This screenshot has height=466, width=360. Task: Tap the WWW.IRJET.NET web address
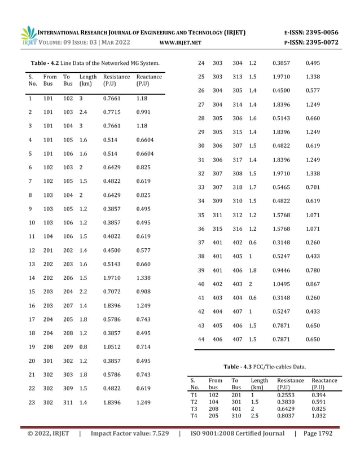pyautogui.click(x=181, y=43)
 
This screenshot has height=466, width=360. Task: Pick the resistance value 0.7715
pyautogui.click(x=112, y=112)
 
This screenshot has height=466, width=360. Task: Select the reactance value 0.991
pyautogui.click(x=144, y=112)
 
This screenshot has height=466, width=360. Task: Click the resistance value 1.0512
pyautogui.click(x=112, y=346)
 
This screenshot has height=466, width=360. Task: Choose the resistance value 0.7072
pyautogui.click(x=112, y=292)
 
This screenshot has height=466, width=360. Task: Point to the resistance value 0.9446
pyautogui.click(x=283, y=270)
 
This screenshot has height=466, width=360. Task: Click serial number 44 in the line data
pyautogui.click(x=201, y=339)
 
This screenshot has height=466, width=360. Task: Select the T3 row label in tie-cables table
pyautogui.click(x=194, y=409)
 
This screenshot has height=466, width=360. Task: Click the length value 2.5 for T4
pyautogui.click(x=256, y=416)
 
